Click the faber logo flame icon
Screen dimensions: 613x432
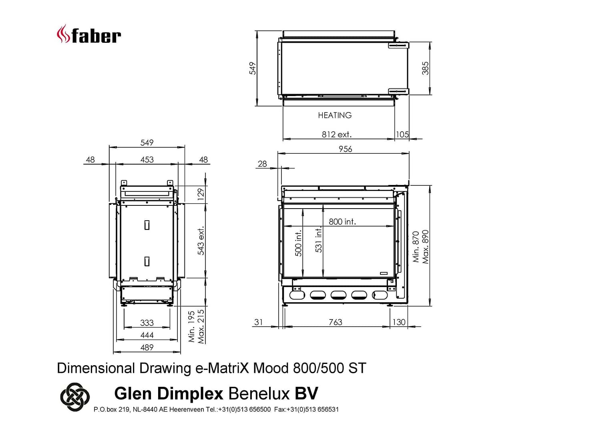[63, 34]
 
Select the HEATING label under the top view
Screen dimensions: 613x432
[335, 115]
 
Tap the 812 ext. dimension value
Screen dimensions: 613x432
[336, 135]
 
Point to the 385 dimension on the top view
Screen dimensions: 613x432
[425, 68]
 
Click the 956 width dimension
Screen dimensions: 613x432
[346, 149]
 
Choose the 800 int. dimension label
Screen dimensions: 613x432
[342, 222]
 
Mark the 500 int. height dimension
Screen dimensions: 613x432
[298, 243]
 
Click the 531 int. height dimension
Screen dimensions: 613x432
[319, 240]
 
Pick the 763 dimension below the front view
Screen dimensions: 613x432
[336, 322]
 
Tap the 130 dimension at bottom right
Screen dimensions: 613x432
[399, 322]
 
